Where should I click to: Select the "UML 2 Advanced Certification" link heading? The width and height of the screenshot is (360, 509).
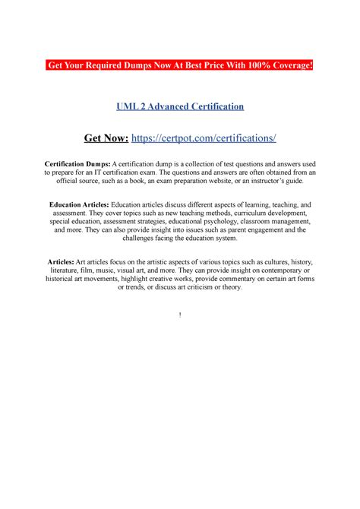180,107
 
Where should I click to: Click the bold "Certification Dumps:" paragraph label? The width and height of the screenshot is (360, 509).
78,164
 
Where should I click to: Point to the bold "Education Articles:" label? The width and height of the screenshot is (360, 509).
80,205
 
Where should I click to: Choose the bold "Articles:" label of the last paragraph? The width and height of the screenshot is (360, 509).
64,262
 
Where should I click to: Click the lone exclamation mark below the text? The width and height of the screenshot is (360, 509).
180,315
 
